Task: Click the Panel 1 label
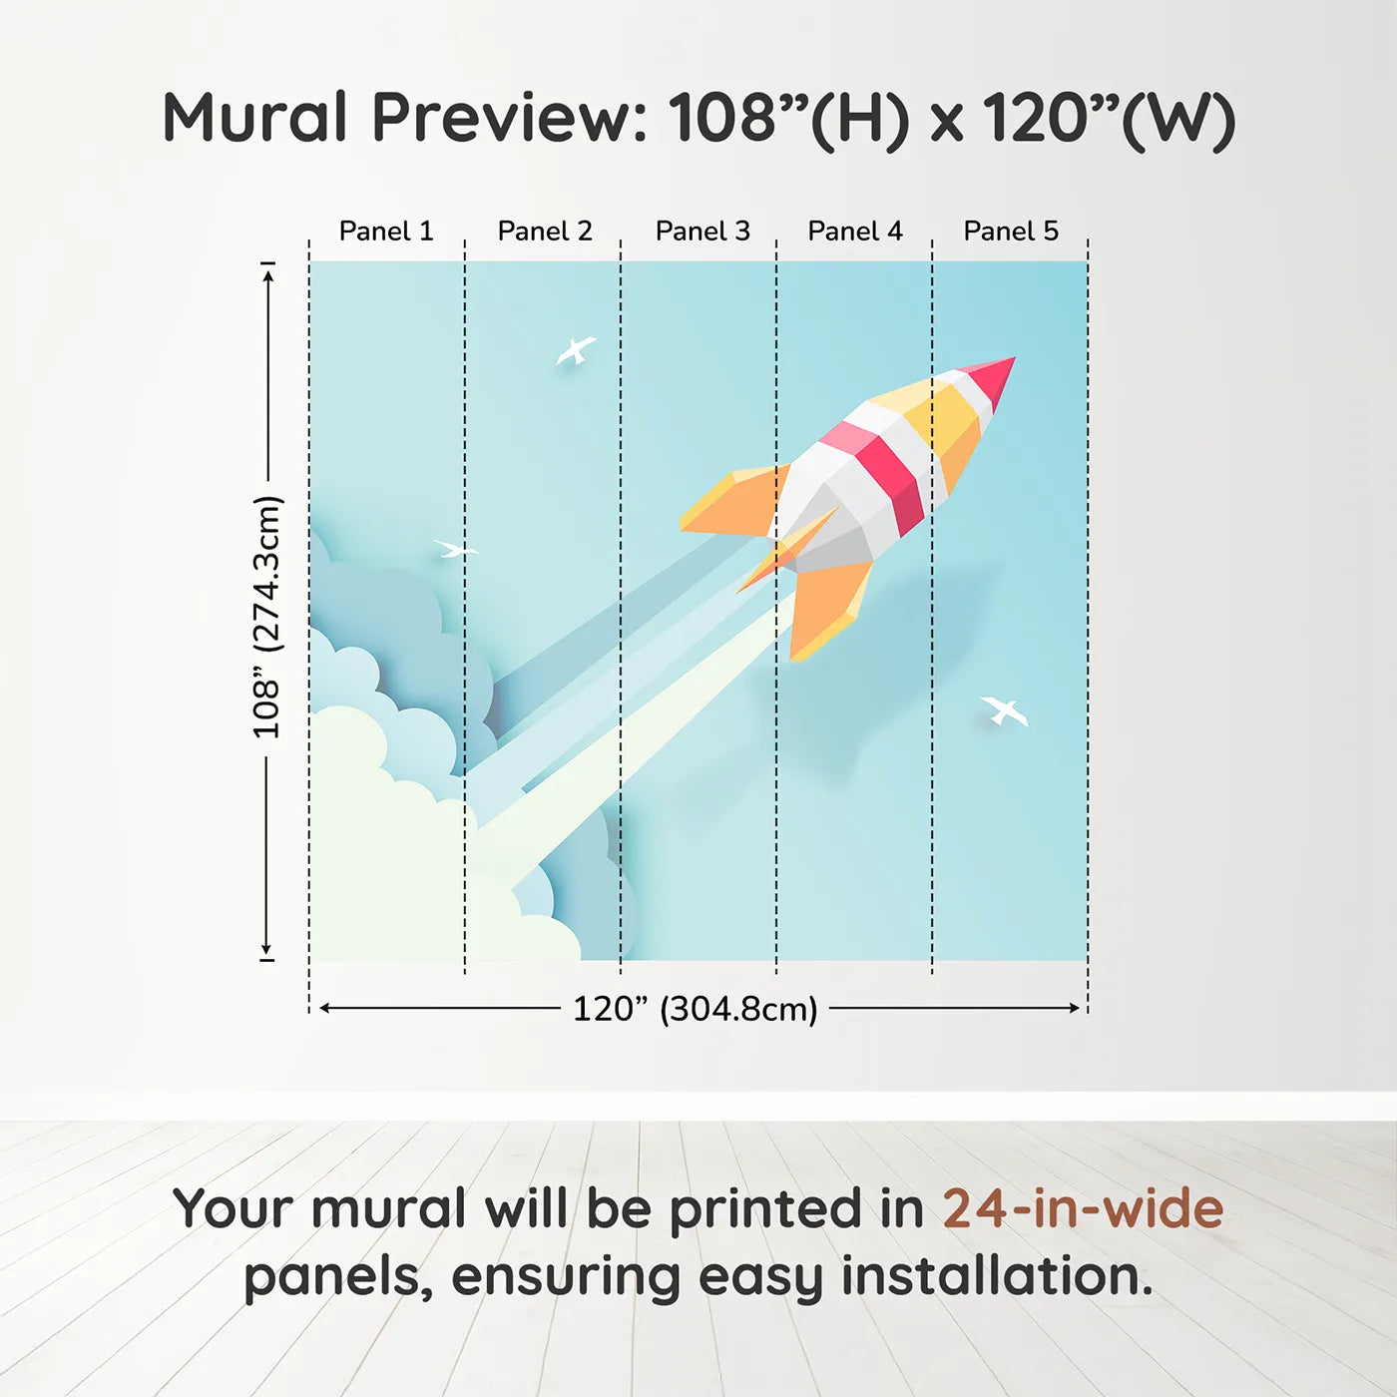(x=386, y=232)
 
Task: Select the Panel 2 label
(x=545, y=232)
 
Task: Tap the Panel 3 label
(x=702, y=232)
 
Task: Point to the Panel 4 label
(x=855, y=232)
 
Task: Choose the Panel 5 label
(x=1011, y=232)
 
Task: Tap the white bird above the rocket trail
(x=577, y=350)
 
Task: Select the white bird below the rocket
(x=1004, y=709)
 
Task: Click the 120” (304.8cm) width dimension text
(x=696, y=1009)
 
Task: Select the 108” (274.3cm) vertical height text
(x=266, y=618)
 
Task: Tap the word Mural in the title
(x=254, y=118)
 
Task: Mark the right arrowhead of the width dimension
(x=1075, y=1009)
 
